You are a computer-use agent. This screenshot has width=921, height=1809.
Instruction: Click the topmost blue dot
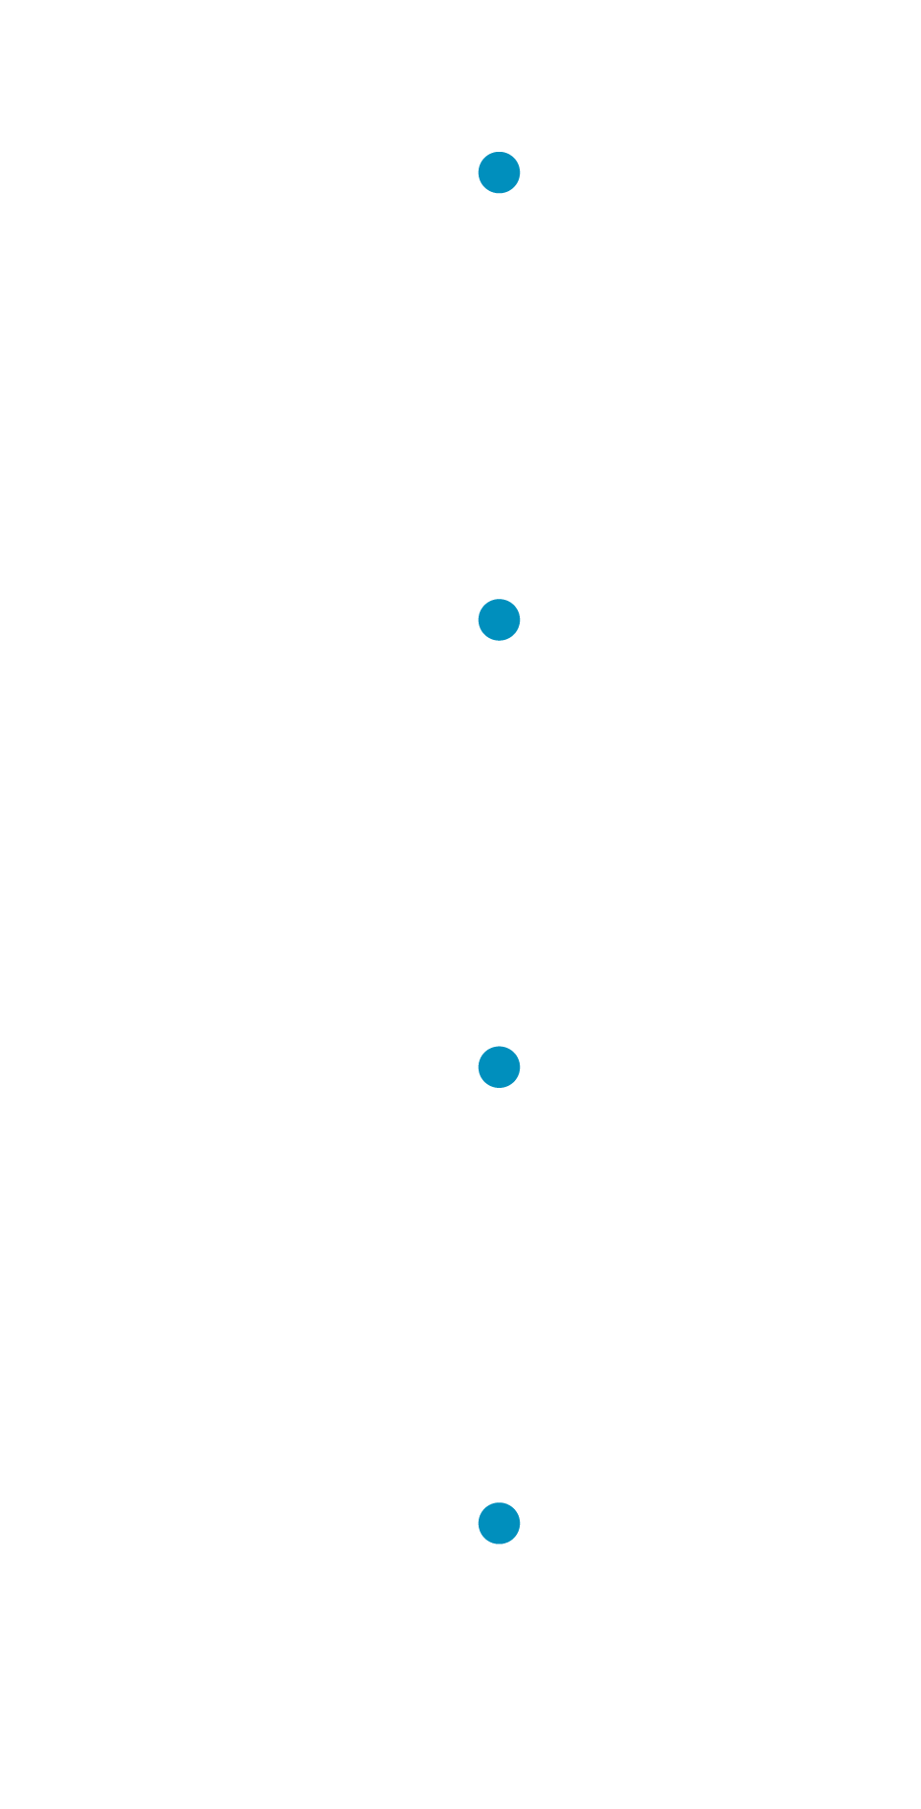[x=499, y=173]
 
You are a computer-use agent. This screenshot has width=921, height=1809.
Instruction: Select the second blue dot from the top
[x=499, y=620]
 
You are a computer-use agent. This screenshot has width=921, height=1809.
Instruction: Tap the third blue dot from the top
[x=499, y=1067]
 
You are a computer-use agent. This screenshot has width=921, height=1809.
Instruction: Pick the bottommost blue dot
[x=499, y=1523]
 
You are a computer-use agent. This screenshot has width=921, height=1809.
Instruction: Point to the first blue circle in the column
[x=499, y=173]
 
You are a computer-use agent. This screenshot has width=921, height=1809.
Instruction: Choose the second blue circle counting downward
[x=499, y=620]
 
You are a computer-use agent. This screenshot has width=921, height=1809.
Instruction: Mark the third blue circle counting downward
[x=499, y=1067]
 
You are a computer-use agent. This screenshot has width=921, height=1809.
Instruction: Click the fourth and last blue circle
[x=499, y=1523]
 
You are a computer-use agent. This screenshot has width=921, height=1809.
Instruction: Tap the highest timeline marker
[x=499, y=173]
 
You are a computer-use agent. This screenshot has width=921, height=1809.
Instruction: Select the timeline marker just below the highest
[x=499, y=620]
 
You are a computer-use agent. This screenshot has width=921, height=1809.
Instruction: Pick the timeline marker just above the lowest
[x=499, y=1067]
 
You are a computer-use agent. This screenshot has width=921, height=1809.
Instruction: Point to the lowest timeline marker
[x=499, y=1523]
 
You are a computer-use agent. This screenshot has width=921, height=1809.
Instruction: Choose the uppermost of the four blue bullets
[x=499, y=173]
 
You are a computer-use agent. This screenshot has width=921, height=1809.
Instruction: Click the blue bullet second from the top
[x=499, y=620]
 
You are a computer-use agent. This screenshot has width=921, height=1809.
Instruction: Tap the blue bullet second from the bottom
[x=499, y=1067]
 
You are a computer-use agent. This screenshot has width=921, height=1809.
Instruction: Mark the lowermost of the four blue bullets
[x=499, y=1523]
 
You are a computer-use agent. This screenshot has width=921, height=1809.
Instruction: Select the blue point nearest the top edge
[x=499, y=173]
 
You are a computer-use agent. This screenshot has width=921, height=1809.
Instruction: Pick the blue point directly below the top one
[x=499, y=620]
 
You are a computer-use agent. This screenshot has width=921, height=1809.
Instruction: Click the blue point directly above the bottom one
[x=499, y=1067]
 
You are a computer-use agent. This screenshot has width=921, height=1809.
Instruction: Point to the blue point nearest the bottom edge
[x=499, y=1523]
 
